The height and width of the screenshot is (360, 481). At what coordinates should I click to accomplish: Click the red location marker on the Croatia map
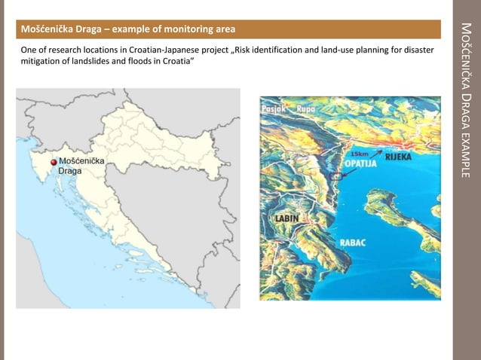point(53,162)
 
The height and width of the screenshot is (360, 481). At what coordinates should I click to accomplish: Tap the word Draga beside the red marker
point(70,172)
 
